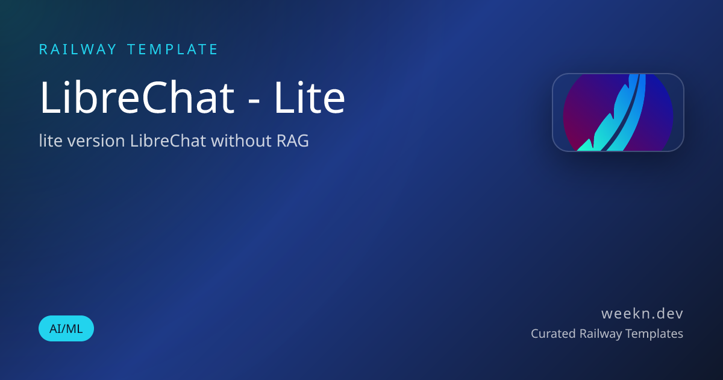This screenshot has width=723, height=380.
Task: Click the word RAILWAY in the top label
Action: click(78, 49)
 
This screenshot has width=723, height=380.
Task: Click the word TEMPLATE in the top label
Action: click(173, 49)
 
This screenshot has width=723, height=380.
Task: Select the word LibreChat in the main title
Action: click(137, 97)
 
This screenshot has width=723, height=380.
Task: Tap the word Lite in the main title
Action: click(310, 97)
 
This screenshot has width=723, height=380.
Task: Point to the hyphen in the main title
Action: click(254, 101)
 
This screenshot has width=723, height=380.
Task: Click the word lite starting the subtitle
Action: click(51, 141)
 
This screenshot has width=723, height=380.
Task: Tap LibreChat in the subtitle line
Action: click(168, 141)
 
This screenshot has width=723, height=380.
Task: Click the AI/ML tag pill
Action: click(66, 328)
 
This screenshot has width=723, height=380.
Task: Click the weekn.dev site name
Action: click(642, 314)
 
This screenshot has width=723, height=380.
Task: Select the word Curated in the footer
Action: click(553, 334)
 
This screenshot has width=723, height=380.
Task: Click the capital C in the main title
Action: click(155, 98)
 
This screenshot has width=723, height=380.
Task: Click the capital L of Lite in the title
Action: click(284, 98)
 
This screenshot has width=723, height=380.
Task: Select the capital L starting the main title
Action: click(49, 98)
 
